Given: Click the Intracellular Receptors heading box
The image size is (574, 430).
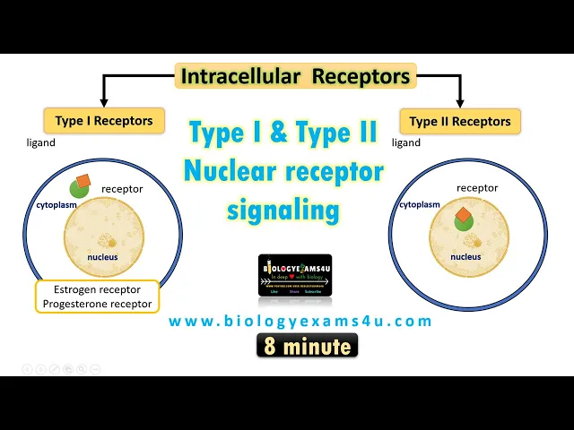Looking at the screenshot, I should click(296, 76).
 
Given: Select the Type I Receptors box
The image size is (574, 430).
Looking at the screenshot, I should click(104, 121).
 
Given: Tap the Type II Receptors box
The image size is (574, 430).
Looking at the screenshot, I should click(460, 121).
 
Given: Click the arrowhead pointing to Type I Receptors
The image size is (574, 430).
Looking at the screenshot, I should click(104, 100).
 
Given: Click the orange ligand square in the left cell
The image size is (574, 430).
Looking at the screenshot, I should click(83, 182).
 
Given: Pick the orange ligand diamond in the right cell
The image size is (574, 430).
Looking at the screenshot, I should click(463, 216).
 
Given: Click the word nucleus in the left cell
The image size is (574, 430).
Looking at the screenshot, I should click(102, 257).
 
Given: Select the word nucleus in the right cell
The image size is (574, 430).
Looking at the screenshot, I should click(465, 256).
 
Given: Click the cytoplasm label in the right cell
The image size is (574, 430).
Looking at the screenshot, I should click(420, 204).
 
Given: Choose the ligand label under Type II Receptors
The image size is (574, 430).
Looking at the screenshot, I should click(406, 142).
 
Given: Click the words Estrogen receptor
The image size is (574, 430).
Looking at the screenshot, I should click(97, 290).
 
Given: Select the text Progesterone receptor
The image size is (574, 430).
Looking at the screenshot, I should click(97, 305).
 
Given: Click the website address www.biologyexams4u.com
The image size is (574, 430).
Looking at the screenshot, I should click(300, 321).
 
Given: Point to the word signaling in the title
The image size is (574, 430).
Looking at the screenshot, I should click(283, 211).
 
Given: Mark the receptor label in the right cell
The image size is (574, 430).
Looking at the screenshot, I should click(476, 188).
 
